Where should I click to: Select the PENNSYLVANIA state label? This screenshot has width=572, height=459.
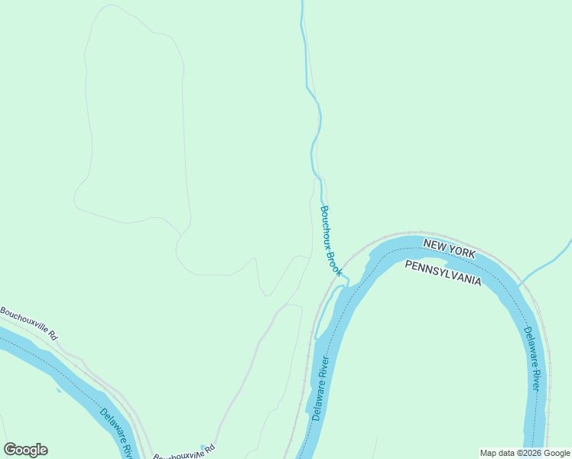tap(443, 272)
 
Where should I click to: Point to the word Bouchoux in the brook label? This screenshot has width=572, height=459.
tap(325, 225)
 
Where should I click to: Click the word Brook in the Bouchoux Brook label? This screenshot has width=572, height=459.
tap(334, 262)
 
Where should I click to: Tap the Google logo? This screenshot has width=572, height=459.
tap(25, 450)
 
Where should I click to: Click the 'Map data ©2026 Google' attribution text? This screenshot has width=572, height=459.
tap(525, 453)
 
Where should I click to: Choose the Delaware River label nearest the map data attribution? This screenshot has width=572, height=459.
tap(533, 359)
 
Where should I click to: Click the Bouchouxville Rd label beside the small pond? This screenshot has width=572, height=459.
tap(184, 454)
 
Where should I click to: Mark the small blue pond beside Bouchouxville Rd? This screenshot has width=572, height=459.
tap(203, 447)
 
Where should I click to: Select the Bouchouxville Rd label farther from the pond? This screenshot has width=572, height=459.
tap(28, 323)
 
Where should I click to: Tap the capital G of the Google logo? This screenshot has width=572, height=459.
tap(11, 450)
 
